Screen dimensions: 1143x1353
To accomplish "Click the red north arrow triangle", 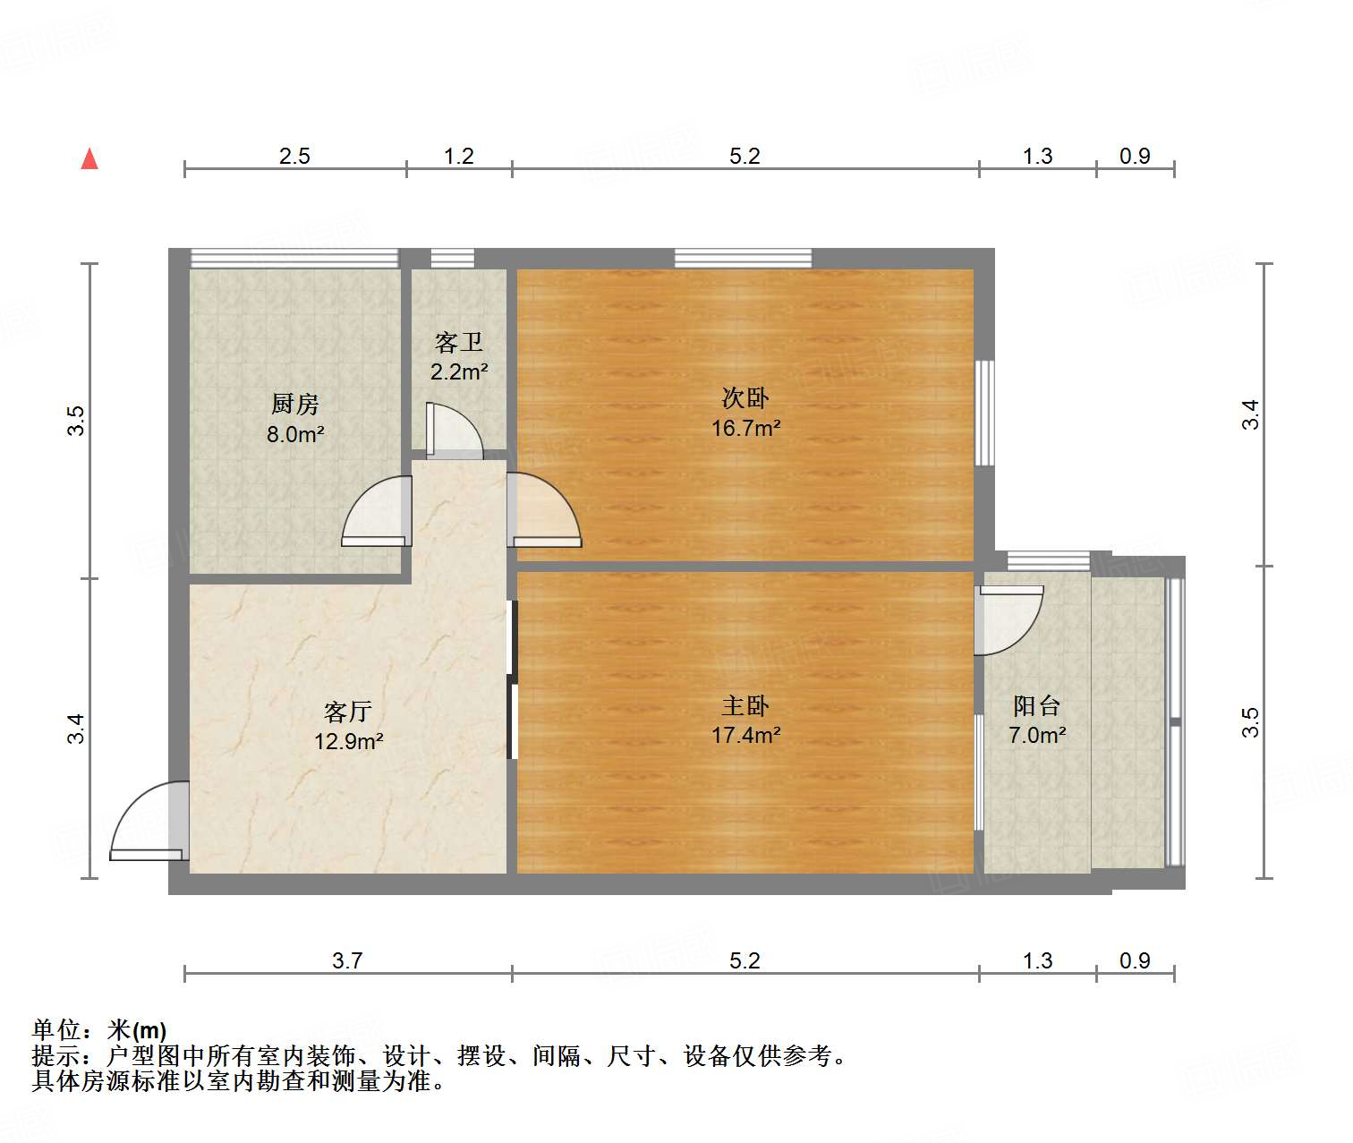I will point(89,159).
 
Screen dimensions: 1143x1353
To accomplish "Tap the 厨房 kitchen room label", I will point(295,405).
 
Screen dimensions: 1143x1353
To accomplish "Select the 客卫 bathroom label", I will point(459,343).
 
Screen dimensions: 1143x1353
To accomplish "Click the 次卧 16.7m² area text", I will point(745,428).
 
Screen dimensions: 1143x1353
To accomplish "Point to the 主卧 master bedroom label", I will point(745,706).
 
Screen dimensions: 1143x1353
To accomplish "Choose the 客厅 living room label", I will point(348,712).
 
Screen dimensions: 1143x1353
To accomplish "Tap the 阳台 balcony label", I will point(1036,706).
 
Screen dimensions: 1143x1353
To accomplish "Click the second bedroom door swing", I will point(544,510).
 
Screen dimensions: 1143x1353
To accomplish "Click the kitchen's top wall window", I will point(294,258).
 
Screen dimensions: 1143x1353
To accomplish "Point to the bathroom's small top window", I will point(452,258).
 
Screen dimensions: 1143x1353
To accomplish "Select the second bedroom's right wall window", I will point(984,413).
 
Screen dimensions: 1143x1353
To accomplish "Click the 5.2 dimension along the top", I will point(745,157).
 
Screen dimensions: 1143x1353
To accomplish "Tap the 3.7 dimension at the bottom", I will point(347,961).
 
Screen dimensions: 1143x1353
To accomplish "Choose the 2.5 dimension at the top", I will point(294,157).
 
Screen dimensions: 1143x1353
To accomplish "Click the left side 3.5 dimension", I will point(77,421).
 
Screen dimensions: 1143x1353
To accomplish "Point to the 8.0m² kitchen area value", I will point(295,435).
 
